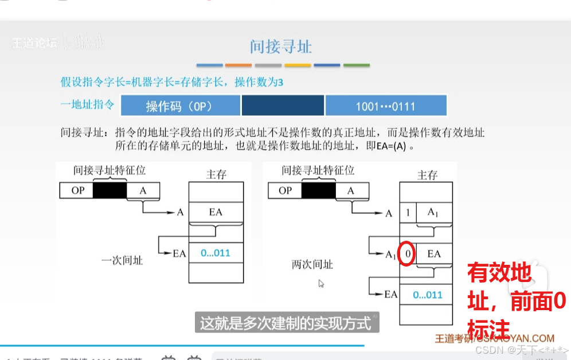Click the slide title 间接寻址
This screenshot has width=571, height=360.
tap(281, 46)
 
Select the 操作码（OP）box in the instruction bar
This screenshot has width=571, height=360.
tap(181, 107)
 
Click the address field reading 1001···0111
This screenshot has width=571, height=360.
tap(385, 107)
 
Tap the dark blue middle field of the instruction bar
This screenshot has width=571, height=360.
tap(283, 107)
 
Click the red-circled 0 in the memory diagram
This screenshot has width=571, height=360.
tap(406, 253)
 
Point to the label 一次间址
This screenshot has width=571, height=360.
tap(122, 260)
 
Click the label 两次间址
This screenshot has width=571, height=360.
tap(312, 265)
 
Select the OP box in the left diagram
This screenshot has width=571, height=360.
tap(77, 190)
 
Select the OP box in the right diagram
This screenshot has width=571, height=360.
tap(285, 190)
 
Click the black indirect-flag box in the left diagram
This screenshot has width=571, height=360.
tap(109, 190)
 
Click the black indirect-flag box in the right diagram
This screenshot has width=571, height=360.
tap(318, 190)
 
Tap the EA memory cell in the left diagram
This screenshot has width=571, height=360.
tap(215, 212)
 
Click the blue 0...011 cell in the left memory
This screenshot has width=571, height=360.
tap(215, 252)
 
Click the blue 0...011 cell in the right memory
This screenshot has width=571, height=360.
tap(428, 295)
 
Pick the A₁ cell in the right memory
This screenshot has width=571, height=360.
tap(435, 213)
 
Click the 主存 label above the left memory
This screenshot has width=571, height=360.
tap(216, 174)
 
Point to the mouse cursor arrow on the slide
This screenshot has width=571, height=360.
tap(322, 283)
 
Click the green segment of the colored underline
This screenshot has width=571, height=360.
tap(356, 65)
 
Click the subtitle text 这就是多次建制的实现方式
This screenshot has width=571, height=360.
tap(285, 323)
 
